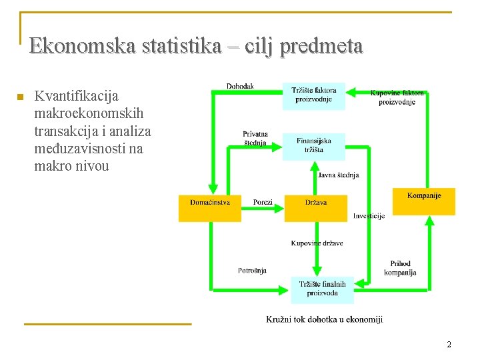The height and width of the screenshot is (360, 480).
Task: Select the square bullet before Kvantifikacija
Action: (x=20, y=98)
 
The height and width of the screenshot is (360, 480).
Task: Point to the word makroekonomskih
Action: (x=89, y=114)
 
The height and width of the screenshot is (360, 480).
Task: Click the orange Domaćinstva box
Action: (x=209, y=208)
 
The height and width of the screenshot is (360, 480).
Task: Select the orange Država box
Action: (x=315, y=208)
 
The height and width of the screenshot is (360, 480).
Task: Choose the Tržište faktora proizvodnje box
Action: (x=314, y=95)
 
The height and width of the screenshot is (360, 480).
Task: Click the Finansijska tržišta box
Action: (x=313, y=145)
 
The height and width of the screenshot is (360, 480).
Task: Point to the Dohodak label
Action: (x=240, y=87)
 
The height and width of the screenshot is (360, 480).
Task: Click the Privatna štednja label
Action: (x=255, y=138)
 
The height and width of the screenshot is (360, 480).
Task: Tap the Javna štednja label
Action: (x=339, y=175)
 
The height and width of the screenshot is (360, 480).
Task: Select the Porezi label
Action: (x=263, y=202)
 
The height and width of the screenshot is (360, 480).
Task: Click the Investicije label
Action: (x=369, y=216)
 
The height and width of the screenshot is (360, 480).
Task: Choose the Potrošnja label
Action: (x=252, y=270)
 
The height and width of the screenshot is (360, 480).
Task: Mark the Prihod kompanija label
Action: (x=400, y=268)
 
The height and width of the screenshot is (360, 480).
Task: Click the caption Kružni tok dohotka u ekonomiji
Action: (x=324, y=320)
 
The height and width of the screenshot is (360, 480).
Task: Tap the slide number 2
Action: (x=449, y=345)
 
